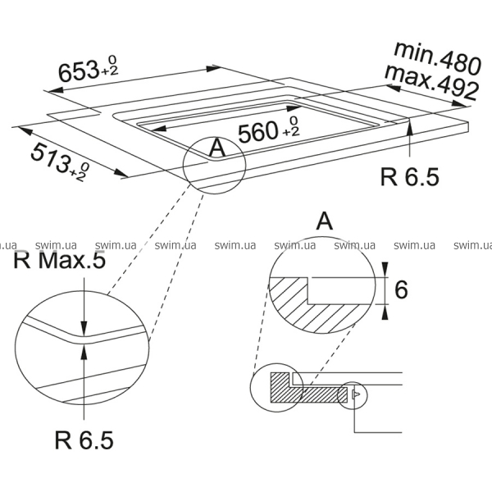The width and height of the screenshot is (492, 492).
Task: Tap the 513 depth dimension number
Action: click(50, 157)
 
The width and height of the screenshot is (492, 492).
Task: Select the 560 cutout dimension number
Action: click(258, 132)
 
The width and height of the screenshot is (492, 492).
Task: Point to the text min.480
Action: click(437, 57)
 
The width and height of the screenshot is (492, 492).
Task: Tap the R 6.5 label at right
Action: click(409, 176)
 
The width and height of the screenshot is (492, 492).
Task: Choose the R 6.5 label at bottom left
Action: click(84, 440)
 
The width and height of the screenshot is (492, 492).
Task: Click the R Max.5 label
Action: click(59, 260)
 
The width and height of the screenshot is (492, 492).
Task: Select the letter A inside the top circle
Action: click(217, 148)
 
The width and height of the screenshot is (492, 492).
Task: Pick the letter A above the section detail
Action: click(324, 221)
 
